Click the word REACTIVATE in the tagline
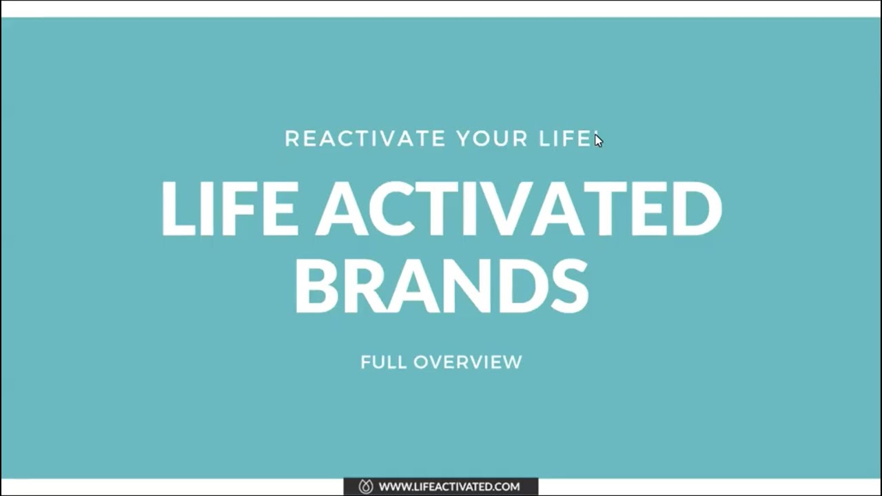(365, 138)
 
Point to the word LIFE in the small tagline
(564, 138)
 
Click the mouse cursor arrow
(598, 140)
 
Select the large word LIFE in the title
(229, 209)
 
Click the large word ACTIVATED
(519, 209)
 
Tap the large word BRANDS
(441, 285)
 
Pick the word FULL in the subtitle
(383, 362)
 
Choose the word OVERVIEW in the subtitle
(468, 362)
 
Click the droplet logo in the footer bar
(366, 486)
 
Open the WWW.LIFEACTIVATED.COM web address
(449, 486)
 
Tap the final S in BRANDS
(568, 285)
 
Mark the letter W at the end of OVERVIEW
(511, 362)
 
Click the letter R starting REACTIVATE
(291, 138)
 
